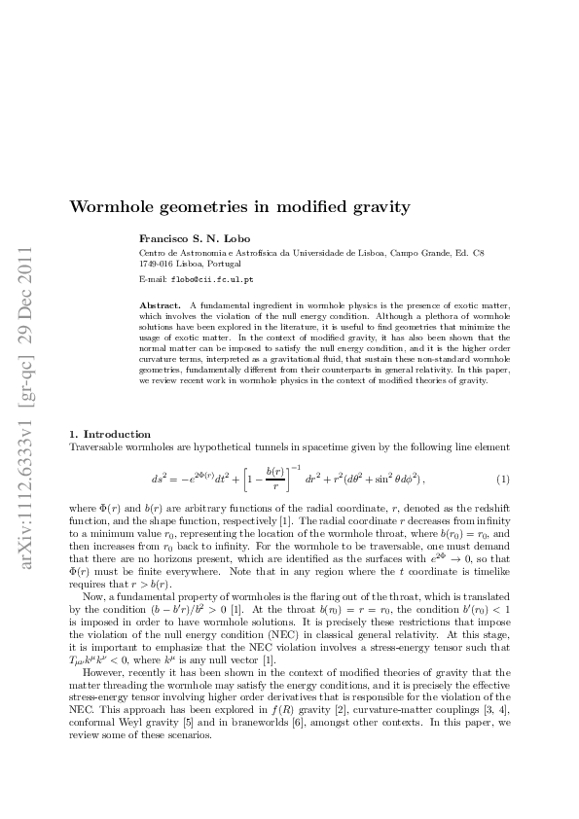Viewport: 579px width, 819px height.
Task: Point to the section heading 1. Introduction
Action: point(111,434)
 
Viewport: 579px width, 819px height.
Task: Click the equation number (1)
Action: point(503,481)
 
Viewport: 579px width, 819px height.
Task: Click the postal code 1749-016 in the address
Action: point(160,264)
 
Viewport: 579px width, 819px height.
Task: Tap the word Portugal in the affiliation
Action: point(224,264)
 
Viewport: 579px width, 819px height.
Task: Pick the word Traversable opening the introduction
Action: point(96,445)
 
